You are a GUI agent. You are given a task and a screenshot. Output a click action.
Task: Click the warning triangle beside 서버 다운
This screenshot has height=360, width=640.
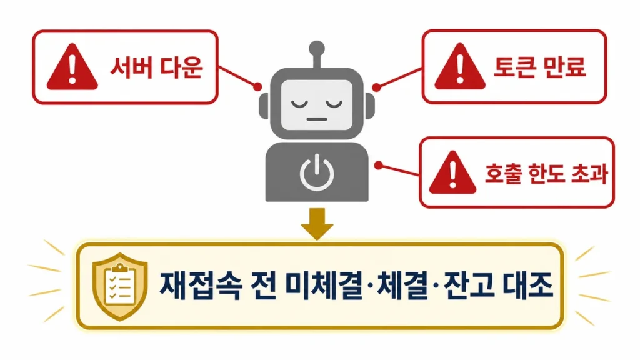pos(72,67)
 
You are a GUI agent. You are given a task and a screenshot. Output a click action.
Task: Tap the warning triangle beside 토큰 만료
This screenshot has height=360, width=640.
pos(460,67)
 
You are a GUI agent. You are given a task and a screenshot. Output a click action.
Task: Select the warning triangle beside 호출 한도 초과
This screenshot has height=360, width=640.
pos(452,172)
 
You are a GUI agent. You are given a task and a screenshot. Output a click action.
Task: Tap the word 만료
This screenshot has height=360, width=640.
pos(566,66)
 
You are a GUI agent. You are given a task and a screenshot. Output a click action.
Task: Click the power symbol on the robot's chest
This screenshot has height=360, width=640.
pos(317,173)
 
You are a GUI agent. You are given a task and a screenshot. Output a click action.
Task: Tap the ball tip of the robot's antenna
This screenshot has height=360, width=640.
pos(317,49)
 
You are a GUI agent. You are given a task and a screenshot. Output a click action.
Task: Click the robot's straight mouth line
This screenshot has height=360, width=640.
pos(317,119)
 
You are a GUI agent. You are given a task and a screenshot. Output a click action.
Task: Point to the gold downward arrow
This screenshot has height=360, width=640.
pos(317,224)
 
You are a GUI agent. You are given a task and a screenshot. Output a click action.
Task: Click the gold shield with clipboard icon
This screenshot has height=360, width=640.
pos(120,286)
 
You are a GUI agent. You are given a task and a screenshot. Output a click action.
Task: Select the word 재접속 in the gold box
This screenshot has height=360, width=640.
pos(201,285)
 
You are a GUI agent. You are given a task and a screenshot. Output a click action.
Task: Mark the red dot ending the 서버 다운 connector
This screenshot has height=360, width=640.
pos(257,86)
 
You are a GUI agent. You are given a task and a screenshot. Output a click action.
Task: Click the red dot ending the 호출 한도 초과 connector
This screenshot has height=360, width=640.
pos(379,165)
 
